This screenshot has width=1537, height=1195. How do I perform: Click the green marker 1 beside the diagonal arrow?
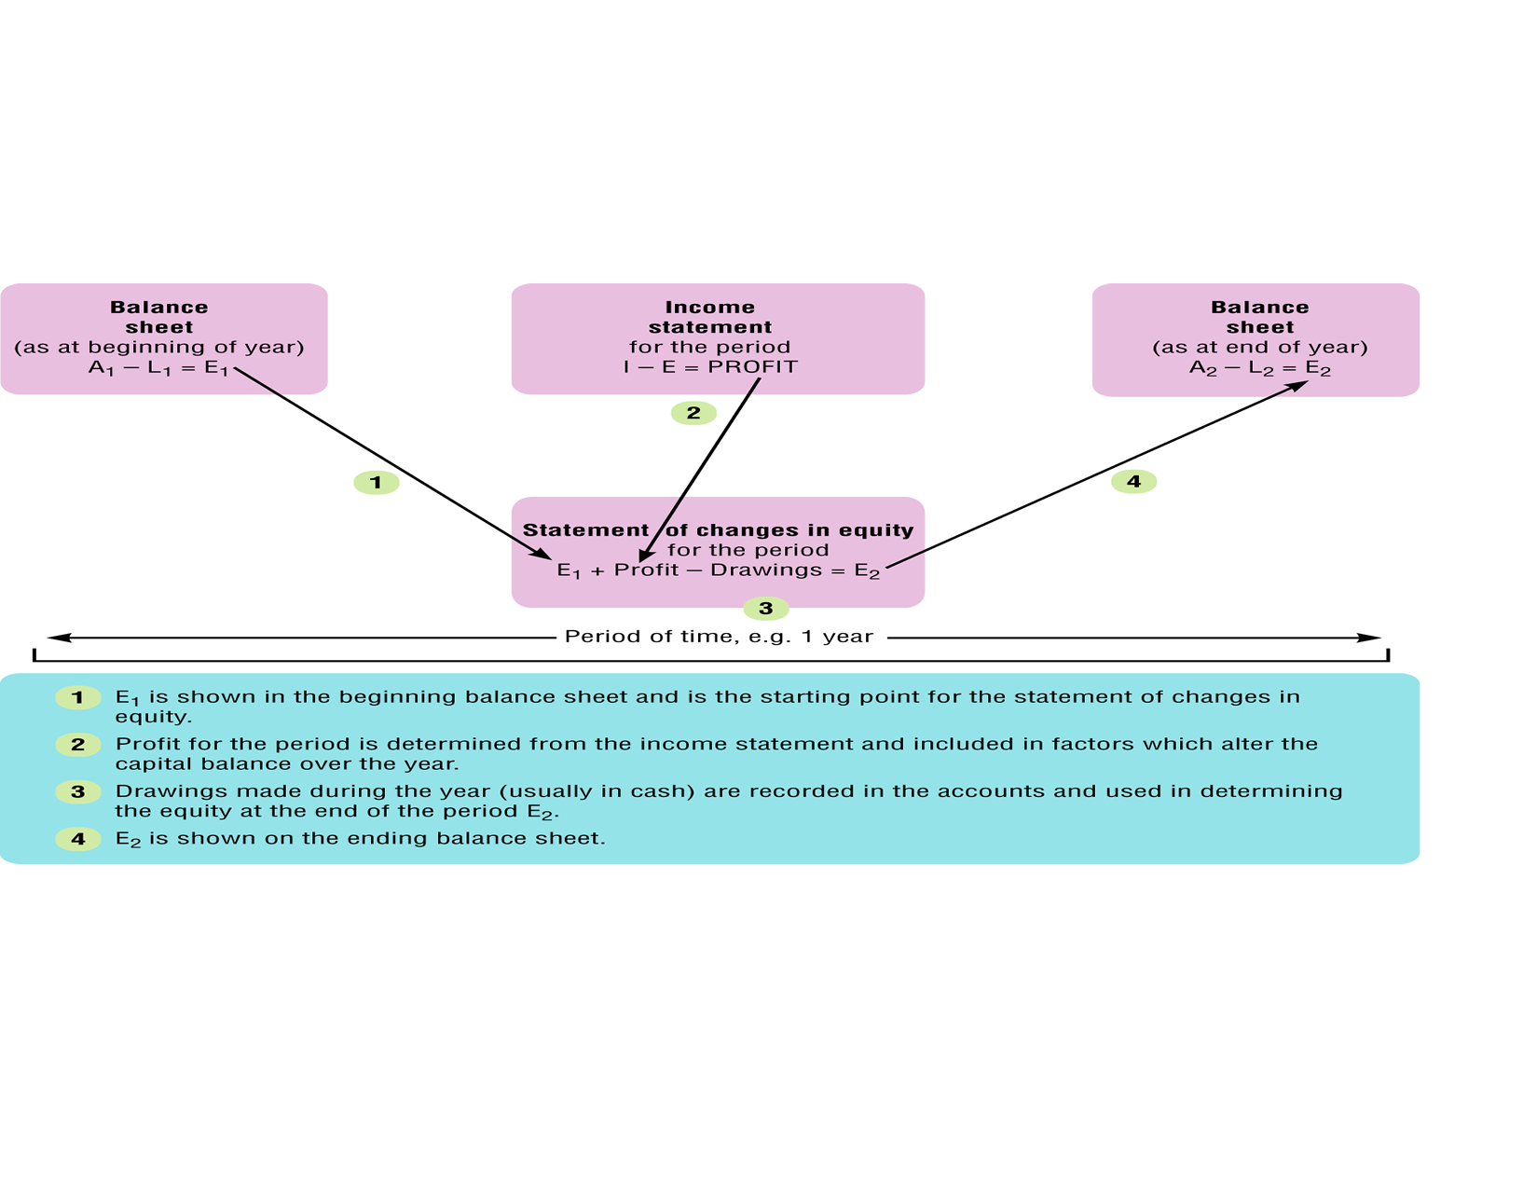377,483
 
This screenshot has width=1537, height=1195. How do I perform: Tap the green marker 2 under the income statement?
693,413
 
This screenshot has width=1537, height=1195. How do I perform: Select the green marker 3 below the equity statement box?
766,609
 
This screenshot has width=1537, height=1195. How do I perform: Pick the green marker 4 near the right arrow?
1133,482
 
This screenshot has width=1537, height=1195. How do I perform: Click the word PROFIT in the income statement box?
752,367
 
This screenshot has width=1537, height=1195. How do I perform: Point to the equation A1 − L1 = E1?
158,368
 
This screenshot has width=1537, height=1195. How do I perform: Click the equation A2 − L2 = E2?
1259,368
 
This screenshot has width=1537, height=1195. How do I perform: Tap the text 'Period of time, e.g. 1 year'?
719,637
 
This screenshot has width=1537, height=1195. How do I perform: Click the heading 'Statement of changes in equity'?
718,530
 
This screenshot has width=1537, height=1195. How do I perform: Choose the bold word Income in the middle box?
709,308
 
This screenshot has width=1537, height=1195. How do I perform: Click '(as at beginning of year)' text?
159,348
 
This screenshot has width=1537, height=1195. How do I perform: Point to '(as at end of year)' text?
1259,348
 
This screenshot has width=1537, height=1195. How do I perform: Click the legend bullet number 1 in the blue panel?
78,697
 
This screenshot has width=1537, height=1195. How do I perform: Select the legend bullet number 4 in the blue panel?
78,839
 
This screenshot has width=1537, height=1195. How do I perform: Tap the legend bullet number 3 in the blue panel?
78,792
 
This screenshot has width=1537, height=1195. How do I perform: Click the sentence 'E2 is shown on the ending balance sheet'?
360,839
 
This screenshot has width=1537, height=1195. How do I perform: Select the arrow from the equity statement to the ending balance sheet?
1095,474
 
